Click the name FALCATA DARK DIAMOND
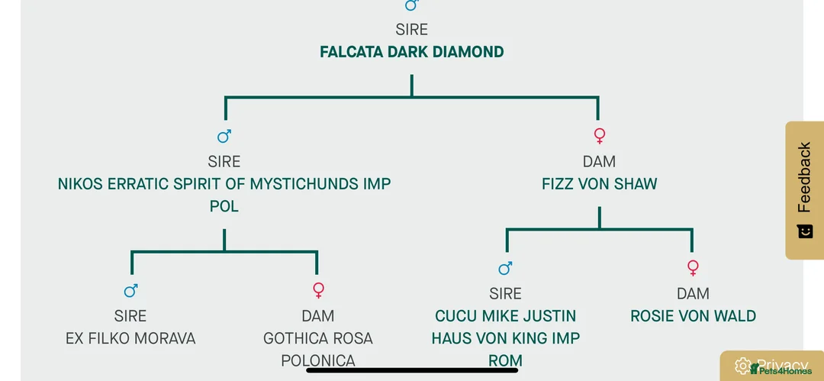click(x=411, y=53)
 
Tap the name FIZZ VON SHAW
click(x=599, y=185)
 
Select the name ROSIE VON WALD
click(x=693, y=316)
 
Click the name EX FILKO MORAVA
click(x=130, y=338)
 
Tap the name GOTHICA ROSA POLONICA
click(x=318, y=349)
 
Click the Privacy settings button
click(x=772, y=366)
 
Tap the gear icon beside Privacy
click(x=743, y=366)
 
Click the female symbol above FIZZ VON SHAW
click(x=600, y=136)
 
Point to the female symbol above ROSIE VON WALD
click(x=693, y=268)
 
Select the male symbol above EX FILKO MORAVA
click(x=131, y=290)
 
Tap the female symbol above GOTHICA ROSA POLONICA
click(x=319, y=290)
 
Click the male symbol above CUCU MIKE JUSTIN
click(x=505, y=268)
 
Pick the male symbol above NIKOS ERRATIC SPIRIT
click(x=224, y=136)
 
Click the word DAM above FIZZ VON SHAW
click(x=599, y=162)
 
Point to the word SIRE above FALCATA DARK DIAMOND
click(x=411, y=30)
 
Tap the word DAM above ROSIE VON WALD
click(x=693, y=294)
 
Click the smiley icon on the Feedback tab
click(x=805, y=231)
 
